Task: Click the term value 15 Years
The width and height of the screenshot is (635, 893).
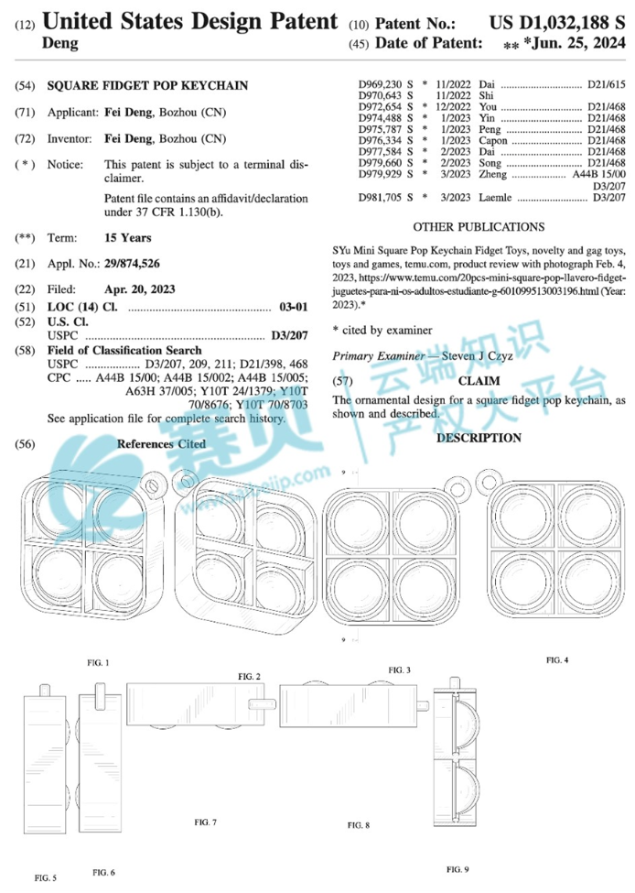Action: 129,237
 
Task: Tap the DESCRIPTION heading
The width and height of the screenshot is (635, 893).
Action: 479,438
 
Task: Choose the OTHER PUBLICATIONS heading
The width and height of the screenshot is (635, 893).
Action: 479,226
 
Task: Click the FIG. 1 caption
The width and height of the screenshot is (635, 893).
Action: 98,661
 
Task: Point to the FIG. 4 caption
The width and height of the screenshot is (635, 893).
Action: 557,659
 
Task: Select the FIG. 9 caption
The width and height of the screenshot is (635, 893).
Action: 457,867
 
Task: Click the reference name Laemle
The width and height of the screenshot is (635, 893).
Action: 498,197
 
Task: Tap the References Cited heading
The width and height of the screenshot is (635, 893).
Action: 161,443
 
